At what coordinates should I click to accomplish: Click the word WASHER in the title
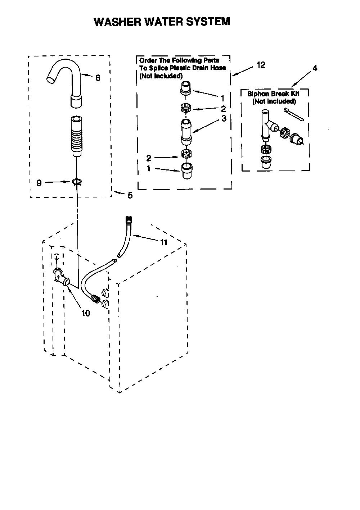click(x=118, y=22)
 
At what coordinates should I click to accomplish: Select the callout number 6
click(x=98, y=78)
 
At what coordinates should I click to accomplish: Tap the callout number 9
click(x=39, y=183)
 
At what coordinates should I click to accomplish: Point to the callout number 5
click(x=130, y=195)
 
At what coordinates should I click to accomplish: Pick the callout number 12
click(x=261, y=65)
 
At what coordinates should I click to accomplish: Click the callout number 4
click(x=315, y=68)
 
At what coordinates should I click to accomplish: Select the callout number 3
click(x=224, y=118)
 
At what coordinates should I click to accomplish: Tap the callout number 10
click(x=86, y=313)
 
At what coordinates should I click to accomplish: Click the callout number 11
click(x=164, y=242)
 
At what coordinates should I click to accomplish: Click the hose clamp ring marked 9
click(x=77, y=181)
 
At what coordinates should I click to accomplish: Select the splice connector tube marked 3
click(x=186, y=132)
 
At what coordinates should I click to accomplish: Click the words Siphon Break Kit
click(x=273, y=94)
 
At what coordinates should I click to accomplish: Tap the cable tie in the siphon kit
click(x=294, y=114)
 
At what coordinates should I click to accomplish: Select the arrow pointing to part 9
click(x=58, y=182)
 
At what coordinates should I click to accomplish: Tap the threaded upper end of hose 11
click(x=129, y=220)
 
